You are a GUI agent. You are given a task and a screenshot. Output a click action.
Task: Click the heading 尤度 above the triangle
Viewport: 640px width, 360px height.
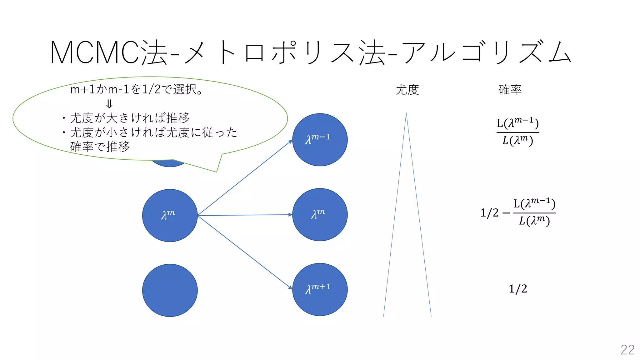(407, 90)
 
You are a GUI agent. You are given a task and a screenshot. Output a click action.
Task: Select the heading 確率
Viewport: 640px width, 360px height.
(510, 90)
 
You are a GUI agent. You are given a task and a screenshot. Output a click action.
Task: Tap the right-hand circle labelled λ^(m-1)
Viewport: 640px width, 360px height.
(320, 140)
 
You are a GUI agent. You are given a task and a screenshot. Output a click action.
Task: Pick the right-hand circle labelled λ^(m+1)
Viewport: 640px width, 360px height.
(320, 290)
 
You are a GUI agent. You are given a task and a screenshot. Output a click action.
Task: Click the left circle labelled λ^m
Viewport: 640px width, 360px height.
(170, 215)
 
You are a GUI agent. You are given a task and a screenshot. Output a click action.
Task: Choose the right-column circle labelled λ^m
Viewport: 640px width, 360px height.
(320, 215)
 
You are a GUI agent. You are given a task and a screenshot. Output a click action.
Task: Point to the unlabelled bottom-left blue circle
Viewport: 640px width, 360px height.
(170, 290)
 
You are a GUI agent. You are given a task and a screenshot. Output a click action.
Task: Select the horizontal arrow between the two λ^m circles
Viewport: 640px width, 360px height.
(245, 215)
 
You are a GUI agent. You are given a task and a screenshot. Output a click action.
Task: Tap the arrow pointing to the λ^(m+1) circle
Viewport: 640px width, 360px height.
(245, 252)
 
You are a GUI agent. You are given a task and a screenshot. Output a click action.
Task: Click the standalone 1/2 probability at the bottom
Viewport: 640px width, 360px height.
(518, 289)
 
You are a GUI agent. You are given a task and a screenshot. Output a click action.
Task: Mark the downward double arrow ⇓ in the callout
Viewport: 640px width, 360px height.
(109, 103)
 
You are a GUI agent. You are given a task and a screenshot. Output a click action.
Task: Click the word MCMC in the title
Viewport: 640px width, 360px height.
(94, 52)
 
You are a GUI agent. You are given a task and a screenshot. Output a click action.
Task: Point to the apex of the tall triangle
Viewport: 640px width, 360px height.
(406, 114)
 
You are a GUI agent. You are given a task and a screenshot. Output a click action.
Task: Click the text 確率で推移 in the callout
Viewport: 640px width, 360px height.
(100, 147)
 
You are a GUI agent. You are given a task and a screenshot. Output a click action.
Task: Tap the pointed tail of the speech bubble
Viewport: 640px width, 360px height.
(217, 171)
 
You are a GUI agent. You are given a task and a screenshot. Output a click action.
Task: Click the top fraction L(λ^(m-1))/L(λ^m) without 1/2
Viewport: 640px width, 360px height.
(518, 132)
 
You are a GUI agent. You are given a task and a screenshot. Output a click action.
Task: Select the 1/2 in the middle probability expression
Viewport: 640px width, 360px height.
(489, 213)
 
